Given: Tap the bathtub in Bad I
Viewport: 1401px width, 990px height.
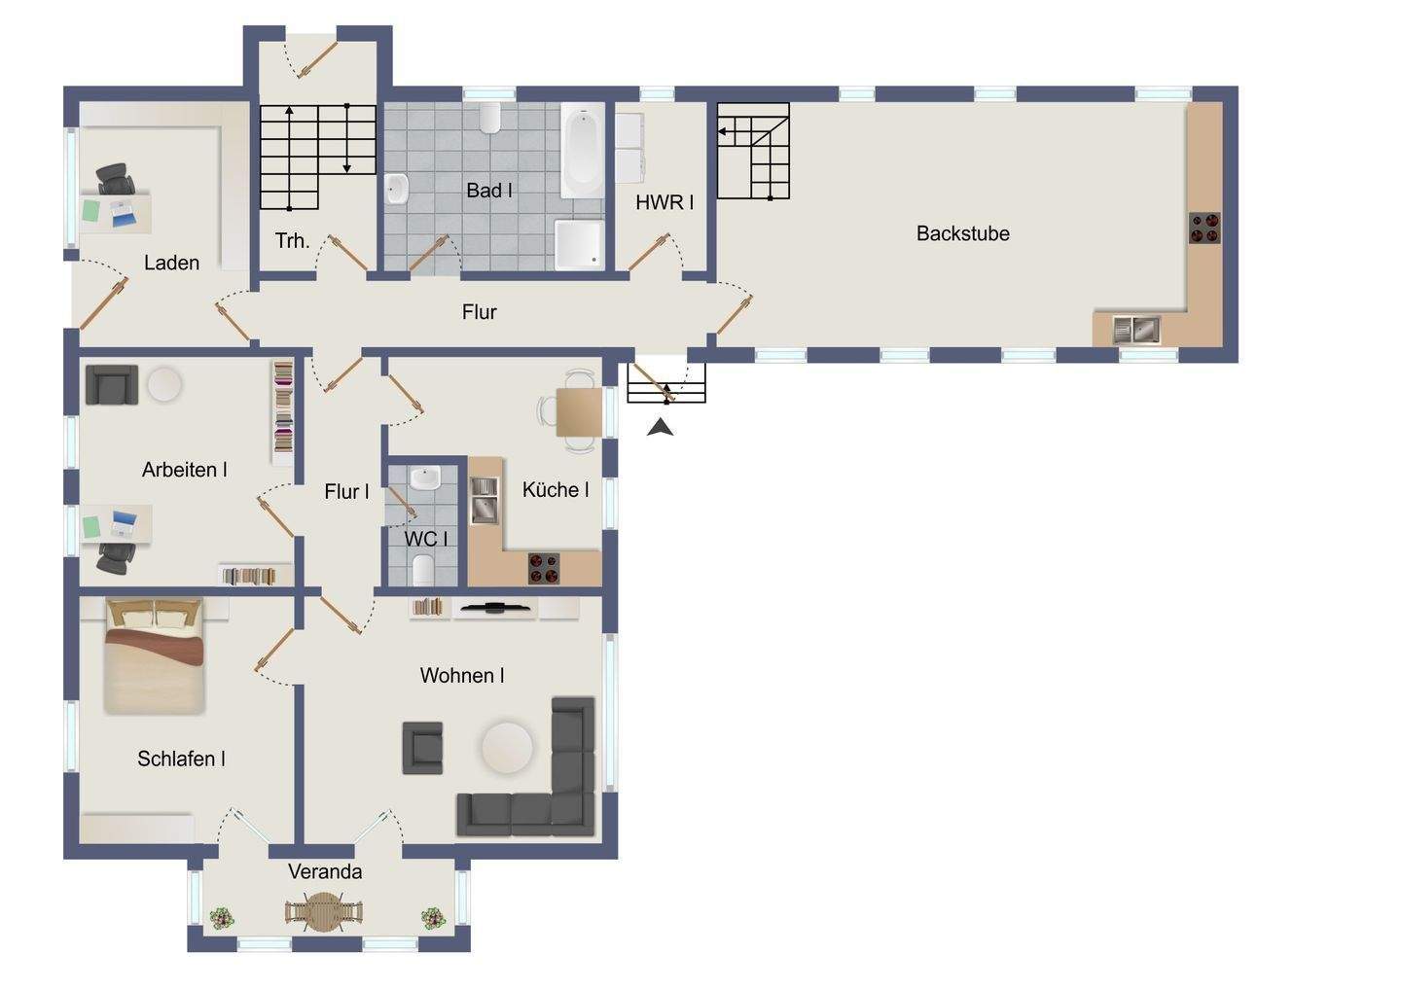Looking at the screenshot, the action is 582,151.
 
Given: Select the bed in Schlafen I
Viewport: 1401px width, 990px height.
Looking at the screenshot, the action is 154,656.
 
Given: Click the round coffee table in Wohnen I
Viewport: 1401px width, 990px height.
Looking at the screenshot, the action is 507,748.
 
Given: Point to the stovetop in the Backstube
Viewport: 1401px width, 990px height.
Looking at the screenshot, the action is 1204,229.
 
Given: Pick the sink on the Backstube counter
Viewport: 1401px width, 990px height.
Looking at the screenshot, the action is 1136,330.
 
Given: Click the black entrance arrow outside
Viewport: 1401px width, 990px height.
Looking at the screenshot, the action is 661,428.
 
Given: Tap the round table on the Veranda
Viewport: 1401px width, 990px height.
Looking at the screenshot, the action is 323,911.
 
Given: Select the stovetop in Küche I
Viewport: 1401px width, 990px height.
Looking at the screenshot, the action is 544,568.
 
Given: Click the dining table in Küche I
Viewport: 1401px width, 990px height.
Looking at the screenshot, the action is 579,412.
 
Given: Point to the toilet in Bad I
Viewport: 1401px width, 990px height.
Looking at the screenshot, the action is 490,118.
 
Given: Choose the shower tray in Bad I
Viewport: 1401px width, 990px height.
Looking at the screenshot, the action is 579,244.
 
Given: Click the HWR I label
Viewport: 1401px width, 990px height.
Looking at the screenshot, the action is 665,202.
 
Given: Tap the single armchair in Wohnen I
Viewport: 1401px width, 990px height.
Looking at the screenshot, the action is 423,748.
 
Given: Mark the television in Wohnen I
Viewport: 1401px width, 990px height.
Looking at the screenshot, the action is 494,606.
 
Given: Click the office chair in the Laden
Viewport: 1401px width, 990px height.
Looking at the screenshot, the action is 115,179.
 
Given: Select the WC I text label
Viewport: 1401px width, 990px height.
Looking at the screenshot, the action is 425,539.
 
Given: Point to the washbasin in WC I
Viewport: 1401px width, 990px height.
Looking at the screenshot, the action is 425,478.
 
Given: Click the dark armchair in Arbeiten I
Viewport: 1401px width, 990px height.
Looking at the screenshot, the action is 111,384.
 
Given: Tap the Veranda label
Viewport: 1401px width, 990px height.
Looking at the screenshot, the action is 325,871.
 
